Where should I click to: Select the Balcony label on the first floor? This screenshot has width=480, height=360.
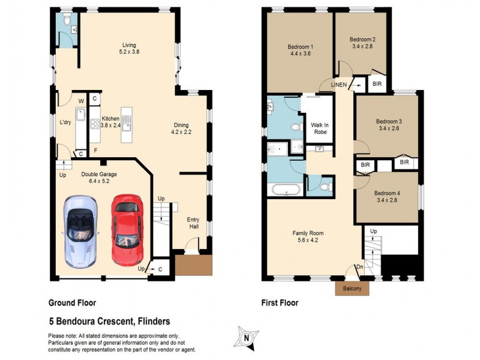coord(352,289)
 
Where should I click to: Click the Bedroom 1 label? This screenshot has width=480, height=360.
coord(300,47)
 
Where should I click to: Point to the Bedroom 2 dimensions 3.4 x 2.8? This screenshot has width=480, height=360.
coord(362,46)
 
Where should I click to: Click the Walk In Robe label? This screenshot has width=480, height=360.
coord(319,130)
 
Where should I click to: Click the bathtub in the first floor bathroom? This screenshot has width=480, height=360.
coord(285,190)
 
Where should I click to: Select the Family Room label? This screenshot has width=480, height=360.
coord(308,233)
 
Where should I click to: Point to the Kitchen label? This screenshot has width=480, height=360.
coord(110,118)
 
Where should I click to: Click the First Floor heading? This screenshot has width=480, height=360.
coord(280,303)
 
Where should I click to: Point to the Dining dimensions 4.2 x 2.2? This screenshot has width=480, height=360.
coord(184,131)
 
